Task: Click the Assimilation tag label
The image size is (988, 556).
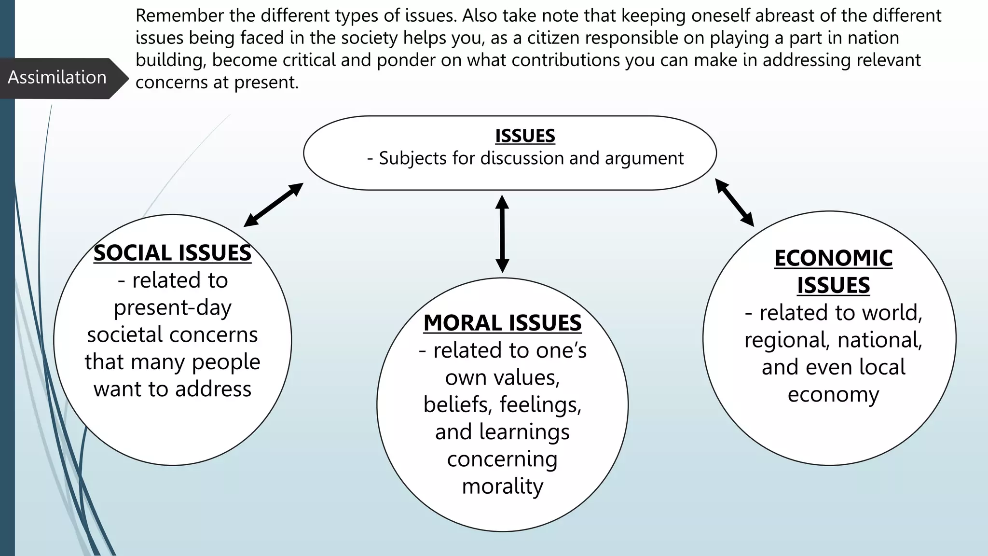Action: coord(57,77)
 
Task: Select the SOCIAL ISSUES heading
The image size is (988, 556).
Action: coord(172,253)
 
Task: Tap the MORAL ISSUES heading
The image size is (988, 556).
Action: coord(502,323)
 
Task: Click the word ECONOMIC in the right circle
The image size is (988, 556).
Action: coord(833,258)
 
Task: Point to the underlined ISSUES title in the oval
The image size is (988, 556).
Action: coord(525,136)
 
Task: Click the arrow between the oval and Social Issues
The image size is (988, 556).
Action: coord(274,205)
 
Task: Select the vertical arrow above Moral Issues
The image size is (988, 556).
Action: coord(502,234)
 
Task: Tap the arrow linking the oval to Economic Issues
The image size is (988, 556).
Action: coord(734,202)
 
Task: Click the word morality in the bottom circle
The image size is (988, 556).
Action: coord(502,486)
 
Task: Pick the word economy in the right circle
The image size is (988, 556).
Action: coord(833,394)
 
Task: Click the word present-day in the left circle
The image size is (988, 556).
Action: coord(172,308)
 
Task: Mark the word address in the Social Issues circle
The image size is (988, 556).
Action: coord(213,389)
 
